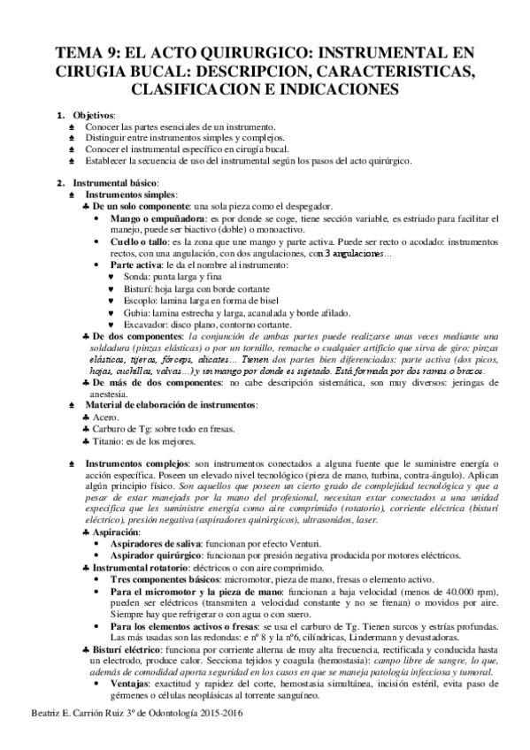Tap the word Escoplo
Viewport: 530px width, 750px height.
(140, 301)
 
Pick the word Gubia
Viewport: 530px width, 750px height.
(136, 312)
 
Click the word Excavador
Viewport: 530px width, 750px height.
(146, 325)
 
